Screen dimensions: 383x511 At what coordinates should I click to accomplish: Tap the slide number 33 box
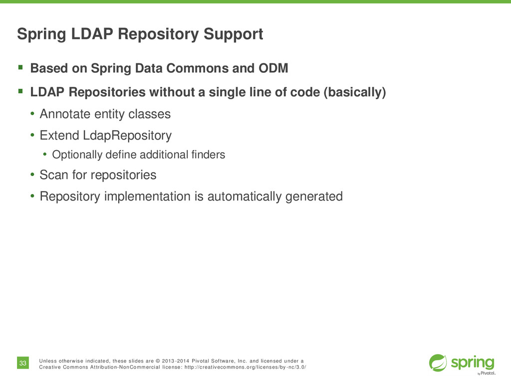[x=23, y=363]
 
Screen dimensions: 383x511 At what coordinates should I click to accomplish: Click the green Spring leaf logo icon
[x=438, y=363]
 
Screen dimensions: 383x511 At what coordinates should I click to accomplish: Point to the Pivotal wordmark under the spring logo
[x=488, y=373]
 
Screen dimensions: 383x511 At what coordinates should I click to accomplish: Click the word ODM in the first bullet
[x=274, y=68]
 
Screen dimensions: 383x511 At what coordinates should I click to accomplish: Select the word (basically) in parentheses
[x=355, y=93]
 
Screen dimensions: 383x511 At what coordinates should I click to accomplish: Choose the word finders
[x=209, y=155]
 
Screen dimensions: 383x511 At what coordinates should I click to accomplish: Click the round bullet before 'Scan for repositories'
[x=31, y=175]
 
